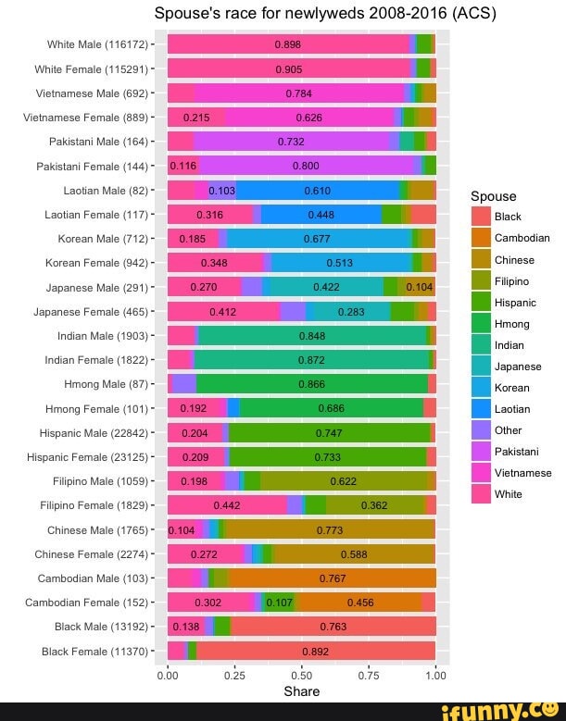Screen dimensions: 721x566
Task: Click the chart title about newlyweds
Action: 311,14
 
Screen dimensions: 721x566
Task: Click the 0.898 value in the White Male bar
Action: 287,44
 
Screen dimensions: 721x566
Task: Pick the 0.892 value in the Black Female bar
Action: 315,651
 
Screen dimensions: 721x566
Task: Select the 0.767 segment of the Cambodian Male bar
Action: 332,578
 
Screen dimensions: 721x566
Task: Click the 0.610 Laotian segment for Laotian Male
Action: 318,190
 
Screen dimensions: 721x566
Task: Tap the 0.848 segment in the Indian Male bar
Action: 311,335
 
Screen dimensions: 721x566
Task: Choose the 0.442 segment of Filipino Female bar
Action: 227,505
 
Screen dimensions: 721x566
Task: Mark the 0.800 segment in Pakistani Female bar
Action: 306,166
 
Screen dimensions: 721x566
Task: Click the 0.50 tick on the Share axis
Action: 301,675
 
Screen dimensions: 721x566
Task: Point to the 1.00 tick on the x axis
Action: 435,675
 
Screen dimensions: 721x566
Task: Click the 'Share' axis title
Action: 301,691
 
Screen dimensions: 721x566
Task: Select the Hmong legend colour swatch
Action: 482,323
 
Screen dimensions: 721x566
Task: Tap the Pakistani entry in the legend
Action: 517,451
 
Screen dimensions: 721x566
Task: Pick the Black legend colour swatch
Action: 482,217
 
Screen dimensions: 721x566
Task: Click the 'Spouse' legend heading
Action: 494,196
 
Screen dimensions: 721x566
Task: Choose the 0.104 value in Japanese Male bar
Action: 420,287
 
